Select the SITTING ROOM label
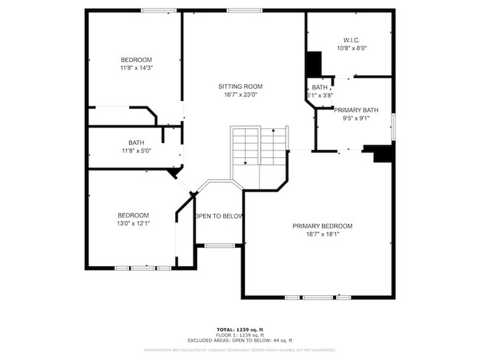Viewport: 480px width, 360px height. tap(240, 86)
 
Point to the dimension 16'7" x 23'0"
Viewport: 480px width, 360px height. tap(240, 95)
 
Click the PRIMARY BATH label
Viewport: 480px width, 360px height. tap(355, 110)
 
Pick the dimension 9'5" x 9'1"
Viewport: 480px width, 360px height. tap(355, 118)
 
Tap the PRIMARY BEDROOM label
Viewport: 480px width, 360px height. tap(322, 226)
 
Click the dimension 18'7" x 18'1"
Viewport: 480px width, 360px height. tap(322, 235)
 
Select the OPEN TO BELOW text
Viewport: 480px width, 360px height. tap(219, 216)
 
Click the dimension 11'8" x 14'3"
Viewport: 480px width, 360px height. tap(136, 68)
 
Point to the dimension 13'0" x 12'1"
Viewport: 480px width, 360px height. tap(133, 224)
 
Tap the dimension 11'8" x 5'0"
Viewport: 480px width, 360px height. tap(136, 151)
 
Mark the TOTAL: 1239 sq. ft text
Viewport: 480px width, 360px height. tap(240, 328)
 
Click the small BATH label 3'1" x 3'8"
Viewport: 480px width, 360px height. tap(320, 91)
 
